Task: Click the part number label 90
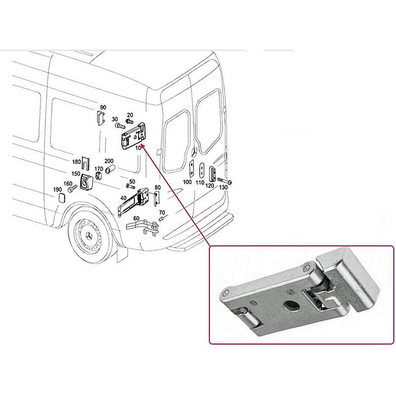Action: [103, 107]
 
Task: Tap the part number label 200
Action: [109, 161]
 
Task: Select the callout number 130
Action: [223, 187]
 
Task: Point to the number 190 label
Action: [57, 190]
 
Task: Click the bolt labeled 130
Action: [224, 181]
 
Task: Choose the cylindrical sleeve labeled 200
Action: [110, 169]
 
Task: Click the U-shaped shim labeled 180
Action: [86, 163]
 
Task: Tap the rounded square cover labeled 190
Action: [61, 198]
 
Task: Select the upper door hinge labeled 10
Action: [134, 136]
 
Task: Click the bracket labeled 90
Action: [101, 118]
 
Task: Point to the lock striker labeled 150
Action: [86, 182]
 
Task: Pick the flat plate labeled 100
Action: [192, 168]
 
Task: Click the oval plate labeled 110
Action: [202, 170]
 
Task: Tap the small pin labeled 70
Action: [162, 218]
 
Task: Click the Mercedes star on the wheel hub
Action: [89, 237]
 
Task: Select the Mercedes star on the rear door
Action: [194, 153]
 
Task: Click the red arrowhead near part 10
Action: [142, 147]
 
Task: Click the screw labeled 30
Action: [120, 125]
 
